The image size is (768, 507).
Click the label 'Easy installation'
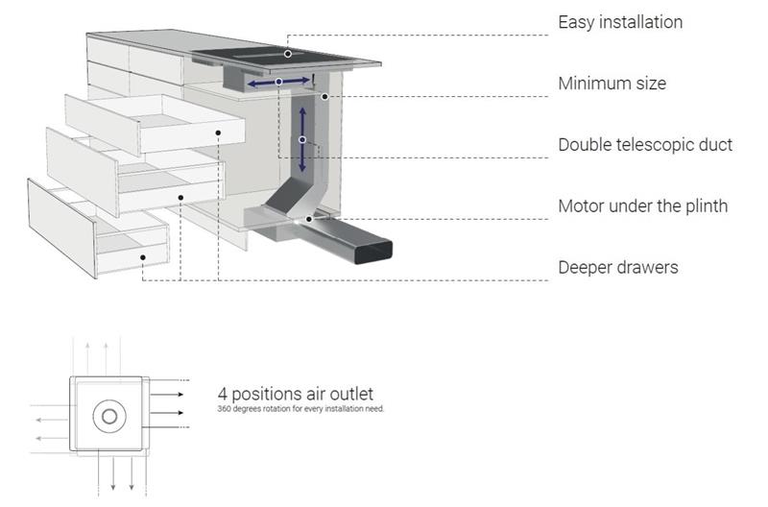tap(620, 22)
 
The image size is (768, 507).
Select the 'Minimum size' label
tap(612, 84)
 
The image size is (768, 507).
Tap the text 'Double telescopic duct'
tap(645, 145)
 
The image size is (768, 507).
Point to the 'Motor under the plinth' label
tap(643, 206)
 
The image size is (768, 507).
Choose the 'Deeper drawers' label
tap(618, 268)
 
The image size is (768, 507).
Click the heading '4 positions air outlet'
tap(296, 394)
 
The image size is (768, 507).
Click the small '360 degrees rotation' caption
tap(300, 408)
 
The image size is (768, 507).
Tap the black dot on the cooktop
tap(288, 54)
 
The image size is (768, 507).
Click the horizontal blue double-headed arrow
tap(278, 82)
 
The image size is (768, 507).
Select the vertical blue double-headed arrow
tap(302, 139)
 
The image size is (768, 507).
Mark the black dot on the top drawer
tap(218, 133)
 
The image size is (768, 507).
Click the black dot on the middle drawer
tap(180, 198)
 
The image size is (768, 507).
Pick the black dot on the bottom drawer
tap(142, 257)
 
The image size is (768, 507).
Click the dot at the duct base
tap(309, 220)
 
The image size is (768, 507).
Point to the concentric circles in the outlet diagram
tap(109, 417)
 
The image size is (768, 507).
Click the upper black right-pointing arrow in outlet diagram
tap(166, 395)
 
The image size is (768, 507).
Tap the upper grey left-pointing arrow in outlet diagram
tap(52, 420)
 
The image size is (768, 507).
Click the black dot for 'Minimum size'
tap(324, 97)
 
